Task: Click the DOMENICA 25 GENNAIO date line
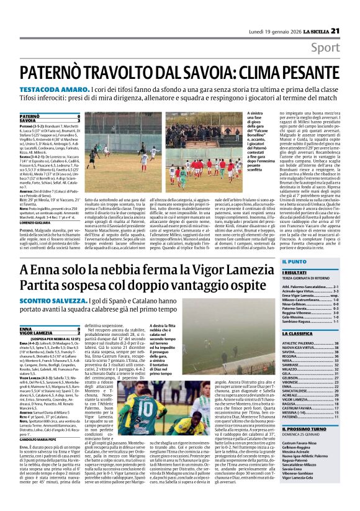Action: click(300, 452)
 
